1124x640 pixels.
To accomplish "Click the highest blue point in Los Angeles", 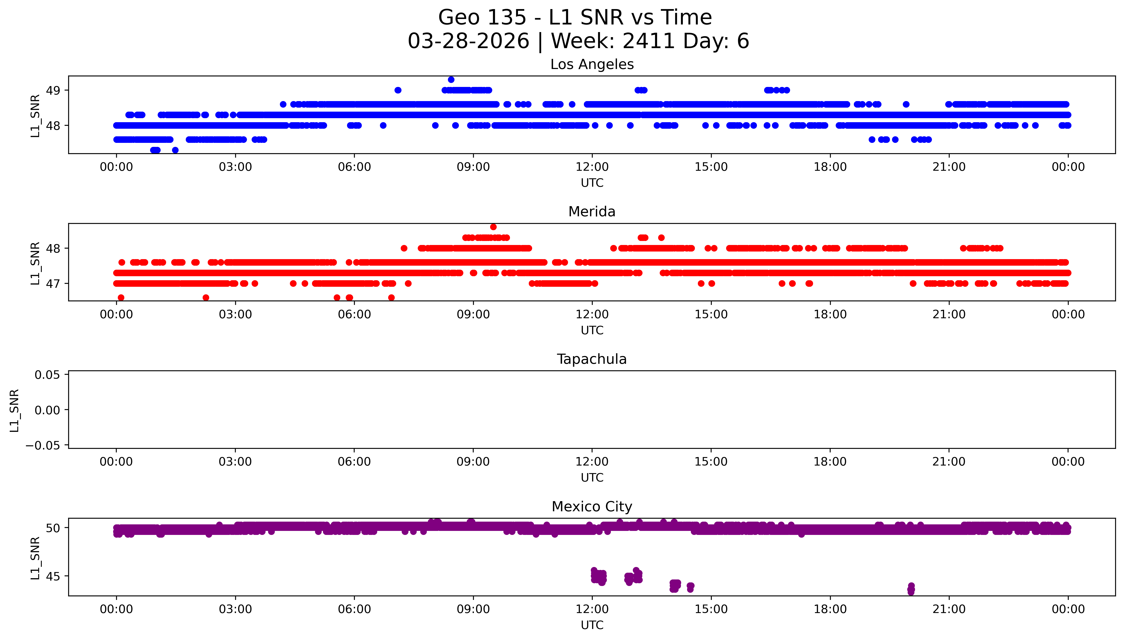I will (451, 80).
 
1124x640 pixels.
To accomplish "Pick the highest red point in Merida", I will (493, 227).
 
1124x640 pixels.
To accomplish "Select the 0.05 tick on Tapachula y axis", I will (47, 375).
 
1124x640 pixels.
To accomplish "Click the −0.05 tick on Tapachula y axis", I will (43, 445).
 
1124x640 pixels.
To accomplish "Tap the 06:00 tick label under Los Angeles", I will (354, 167).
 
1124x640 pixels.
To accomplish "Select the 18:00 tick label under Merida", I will (830, 314).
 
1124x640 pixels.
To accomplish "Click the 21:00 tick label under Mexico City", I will (949, 609).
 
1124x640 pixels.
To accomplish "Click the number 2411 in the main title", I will (648, 41).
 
